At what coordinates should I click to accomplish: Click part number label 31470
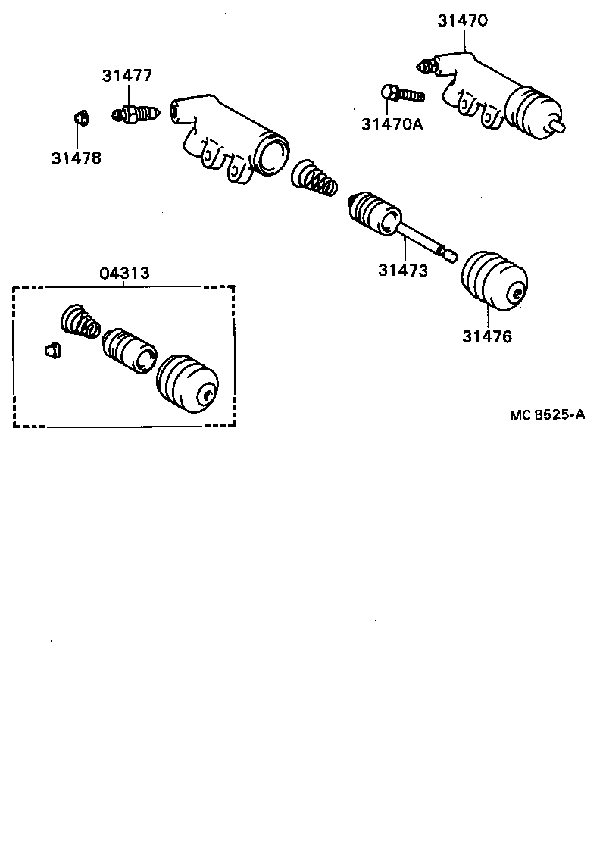click(462, 21)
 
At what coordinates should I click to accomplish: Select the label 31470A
click(392, 124)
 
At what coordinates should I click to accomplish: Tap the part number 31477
click(128, 76)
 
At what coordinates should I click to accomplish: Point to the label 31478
click(77, 158)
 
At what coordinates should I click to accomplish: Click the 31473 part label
click(403, 270)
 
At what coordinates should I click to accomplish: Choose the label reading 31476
click(487, 336)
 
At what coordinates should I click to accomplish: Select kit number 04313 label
click(124, 274)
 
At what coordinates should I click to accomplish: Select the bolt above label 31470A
click(401, 95)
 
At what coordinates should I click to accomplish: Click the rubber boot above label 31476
click(494, 280)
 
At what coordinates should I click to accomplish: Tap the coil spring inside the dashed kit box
click(80, 320)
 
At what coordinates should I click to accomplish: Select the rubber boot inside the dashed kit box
click(186, 383)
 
